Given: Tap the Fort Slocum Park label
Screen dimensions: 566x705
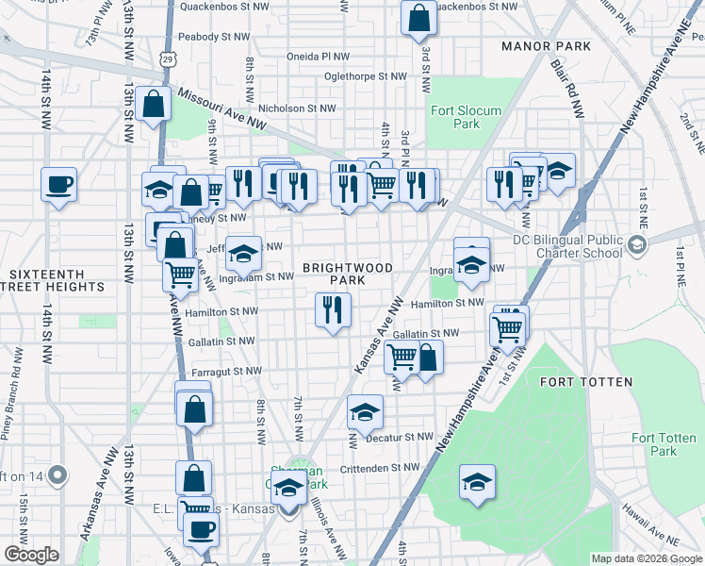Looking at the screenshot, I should point(454,117).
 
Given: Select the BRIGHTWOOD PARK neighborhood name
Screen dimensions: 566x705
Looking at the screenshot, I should point(347,275).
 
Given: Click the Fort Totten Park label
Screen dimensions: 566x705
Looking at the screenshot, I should point(655,444).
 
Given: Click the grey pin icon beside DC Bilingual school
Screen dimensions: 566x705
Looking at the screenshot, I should point(638,245).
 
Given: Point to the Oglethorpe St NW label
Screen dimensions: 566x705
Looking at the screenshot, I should point(365,76).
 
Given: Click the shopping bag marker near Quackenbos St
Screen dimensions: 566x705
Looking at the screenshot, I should point(418,17).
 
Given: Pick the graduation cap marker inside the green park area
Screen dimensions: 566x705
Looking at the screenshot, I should point(478,482).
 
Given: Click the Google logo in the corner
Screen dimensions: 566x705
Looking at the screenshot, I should point(32,554).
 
